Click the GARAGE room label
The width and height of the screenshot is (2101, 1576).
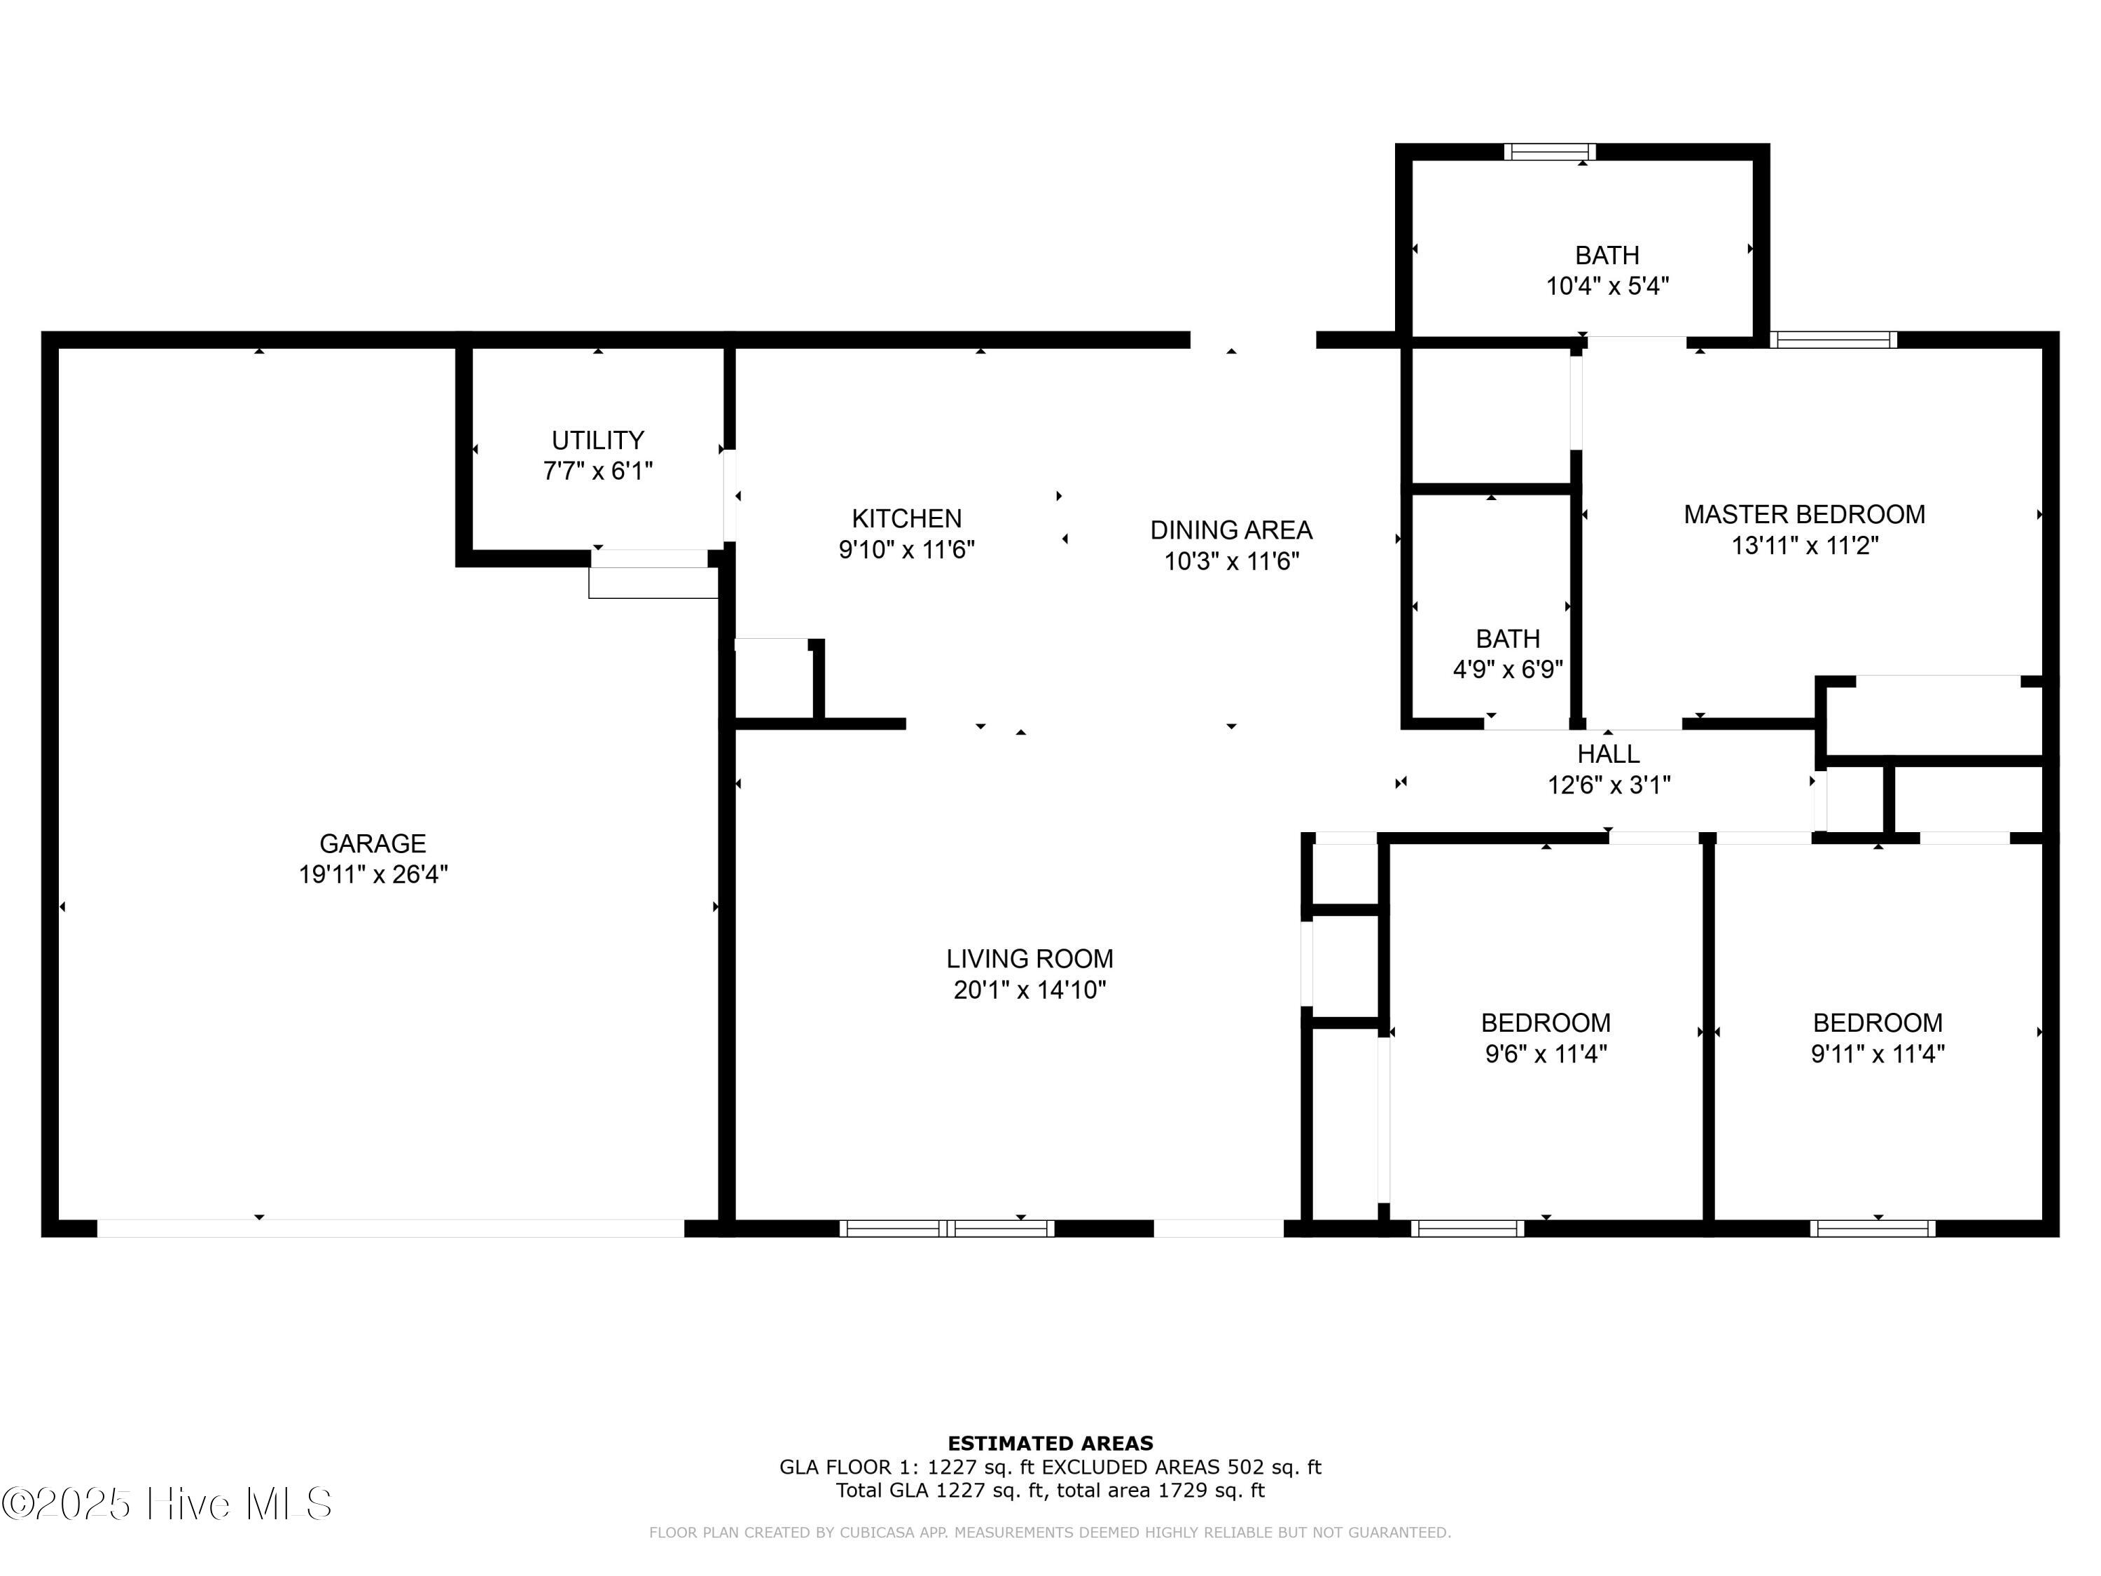click(x=373, y=843)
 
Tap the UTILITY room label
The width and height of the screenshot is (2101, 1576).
click(x=597, y=440)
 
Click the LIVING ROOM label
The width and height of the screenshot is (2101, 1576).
click(x=1029, y=958)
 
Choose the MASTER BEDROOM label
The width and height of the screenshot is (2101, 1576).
click(x=1805, y=514)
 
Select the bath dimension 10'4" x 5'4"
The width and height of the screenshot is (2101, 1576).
click(x=1607, y=286)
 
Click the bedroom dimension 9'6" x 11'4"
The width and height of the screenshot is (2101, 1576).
click(x=1546, y=1053)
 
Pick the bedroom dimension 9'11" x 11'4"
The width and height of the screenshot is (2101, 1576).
click(x=1877, y=1053)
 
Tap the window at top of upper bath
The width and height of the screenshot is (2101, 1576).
click(x=1549, y=152)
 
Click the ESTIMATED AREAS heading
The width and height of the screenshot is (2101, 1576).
click(x=1050, y=1444)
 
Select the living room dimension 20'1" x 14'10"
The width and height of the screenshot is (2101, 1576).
click(x=1029, y=990)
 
